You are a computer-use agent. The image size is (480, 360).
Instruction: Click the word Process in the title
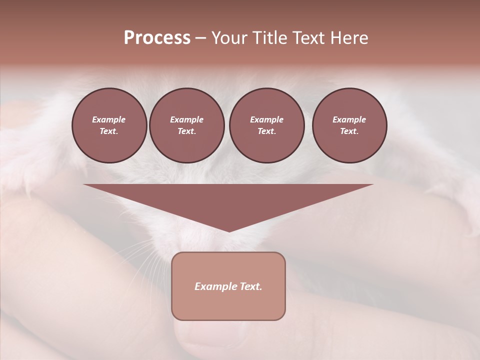click(x=157, y=38)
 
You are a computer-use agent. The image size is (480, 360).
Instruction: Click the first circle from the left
click(x=109, y=125)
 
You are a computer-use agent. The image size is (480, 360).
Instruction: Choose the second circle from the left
click(x=186, y=125)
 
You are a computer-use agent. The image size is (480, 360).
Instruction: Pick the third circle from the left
click(x=266, y=125)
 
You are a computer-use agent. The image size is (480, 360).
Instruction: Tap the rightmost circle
click(x=349, y=125)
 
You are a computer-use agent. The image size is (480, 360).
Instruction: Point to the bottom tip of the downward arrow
click(x=229, y=231)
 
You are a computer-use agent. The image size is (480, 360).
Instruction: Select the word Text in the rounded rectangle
click(x=250, y=286)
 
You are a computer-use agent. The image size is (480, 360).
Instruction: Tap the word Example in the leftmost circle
click(x=109, y=119)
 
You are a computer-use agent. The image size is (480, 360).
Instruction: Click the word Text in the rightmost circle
click(x=349, y=131)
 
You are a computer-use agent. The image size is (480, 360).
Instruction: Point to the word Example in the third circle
click(x=266, y=119)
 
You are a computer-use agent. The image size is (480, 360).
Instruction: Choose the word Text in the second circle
click(x=186, y=131)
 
